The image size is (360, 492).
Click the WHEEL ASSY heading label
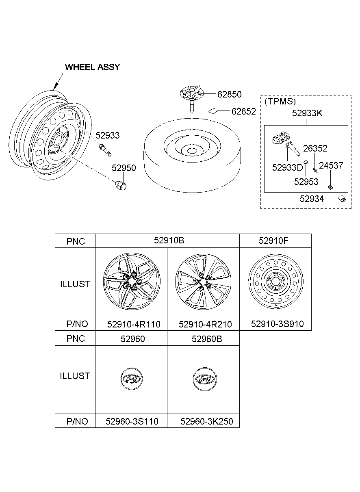pos(93,67)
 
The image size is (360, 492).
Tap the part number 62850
pos(229,95)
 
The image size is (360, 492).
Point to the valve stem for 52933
pos(105,149)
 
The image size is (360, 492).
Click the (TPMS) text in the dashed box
pos(280,102)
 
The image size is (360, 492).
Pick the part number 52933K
pos(307,113)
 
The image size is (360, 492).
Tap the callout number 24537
pos(331,165)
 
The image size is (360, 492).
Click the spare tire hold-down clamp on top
pos(191,93)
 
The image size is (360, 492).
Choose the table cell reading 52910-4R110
pos(134,324)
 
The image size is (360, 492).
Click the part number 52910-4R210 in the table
pos(205,324)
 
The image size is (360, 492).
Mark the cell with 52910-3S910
pos(277,324)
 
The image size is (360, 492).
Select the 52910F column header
pos(273,241)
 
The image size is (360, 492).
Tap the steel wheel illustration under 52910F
pos(275,282)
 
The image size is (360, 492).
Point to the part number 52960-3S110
pos(132,421)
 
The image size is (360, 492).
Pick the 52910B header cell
pos(169,241)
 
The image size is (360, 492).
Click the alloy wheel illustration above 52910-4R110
pos(132,282)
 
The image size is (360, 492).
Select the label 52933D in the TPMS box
pos(287,167)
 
